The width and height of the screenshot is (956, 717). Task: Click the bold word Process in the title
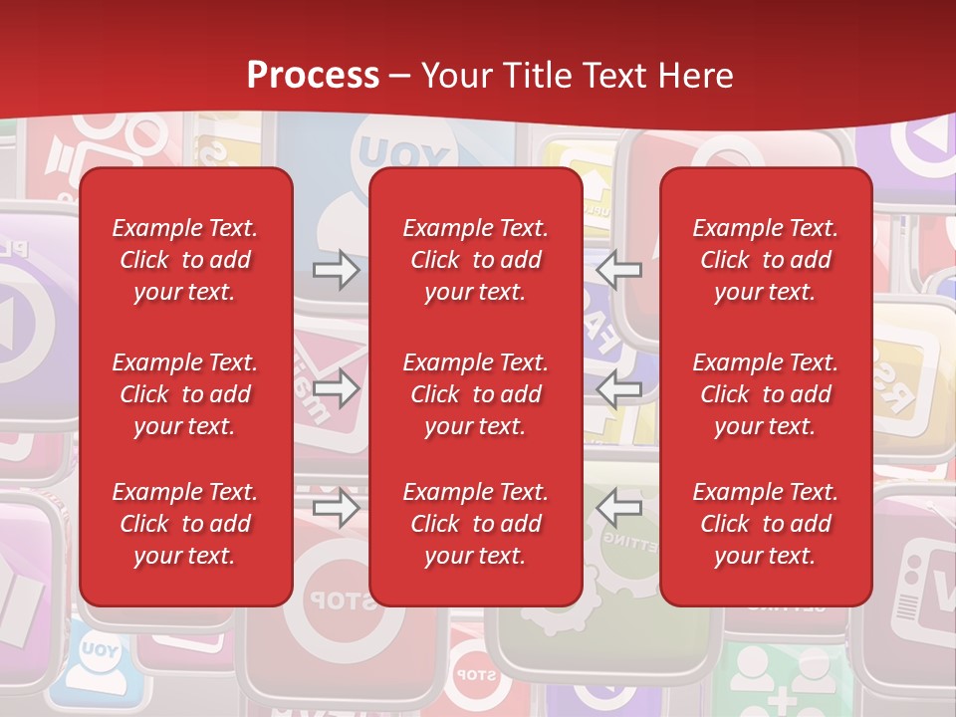pos(313,76)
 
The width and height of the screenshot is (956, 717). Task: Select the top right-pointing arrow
pos(337,270)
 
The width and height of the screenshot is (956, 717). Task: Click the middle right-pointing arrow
pos(337,389)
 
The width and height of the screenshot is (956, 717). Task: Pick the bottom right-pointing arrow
pos(337,509)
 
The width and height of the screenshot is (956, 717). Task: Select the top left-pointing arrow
pos(619,270)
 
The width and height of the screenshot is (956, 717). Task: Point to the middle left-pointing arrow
pos(619,389)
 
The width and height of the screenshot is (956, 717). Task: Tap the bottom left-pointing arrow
pos(619,509)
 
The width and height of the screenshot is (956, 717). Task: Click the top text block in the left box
pos(185,260)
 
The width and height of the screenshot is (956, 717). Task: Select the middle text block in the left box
pos(185,394)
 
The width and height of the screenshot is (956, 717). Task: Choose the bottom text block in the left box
pos(185,524)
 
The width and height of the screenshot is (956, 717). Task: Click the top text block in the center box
pos(476,260)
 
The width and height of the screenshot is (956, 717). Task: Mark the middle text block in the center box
pos(476,394)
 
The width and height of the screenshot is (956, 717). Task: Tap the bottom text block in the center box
pos(476,524)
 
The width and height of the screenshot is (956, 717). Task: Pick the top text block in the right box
pos(766,260)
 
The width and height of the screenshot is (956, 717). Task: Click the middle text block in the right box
pos(766,394)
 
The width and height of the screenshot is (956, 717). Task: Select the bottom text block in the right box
pos(766,524)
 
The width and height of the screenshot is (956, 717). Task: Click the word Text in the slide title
pos(619,76)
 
